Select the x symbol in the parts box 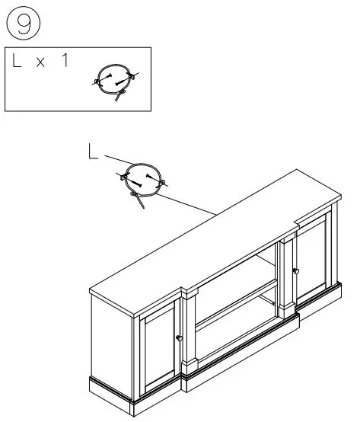coord(41,63)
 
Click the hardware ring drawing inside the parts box coord(113,78)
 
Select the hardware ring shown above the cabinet coord(142,181)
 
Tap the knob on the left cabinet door coord(180,338)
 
